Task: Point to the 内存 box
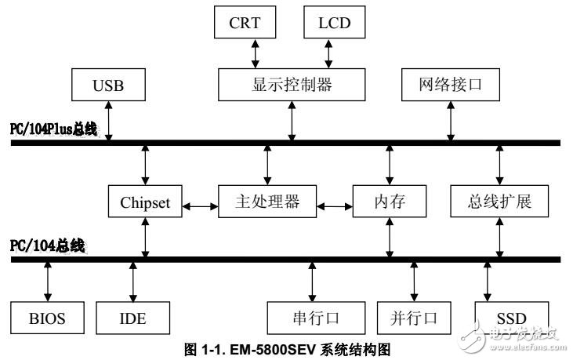pos(390,202)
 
